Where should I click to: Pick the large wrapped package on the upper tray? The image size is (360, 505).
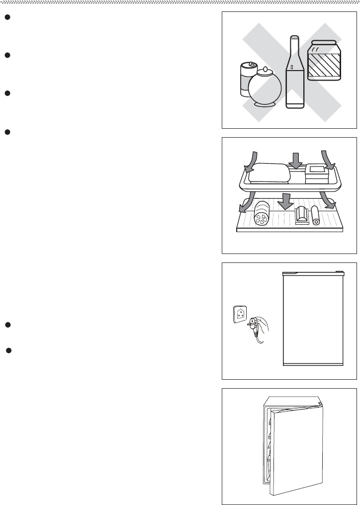(269, 172)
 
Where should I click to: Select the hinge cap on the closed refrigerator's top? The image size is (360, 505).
(339, 272)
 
